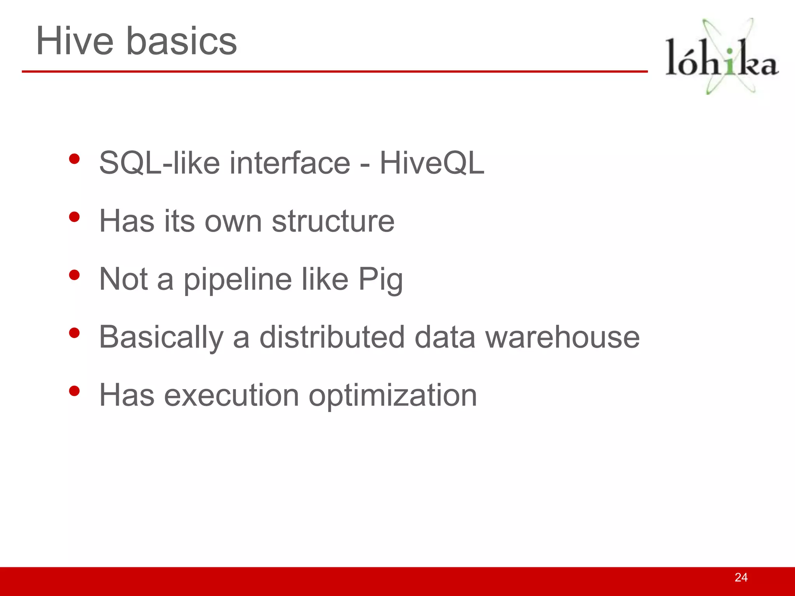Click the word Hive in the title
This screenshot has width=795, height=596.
75,41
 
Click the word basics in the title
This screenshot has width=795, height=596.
181,41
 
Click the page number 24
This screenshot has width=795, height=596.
741,577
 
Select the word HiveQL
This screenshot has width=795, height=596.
432,163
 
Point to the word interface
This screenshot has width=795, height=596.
290,163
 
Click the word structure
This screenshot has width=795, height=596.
333,221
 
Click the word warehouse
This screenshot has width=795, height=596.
562,337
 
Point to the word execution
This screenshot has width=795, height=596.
231,395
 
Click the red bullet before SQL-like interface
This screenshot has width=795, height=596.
74,159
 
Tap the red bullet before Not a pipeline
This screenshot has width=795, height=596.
74,275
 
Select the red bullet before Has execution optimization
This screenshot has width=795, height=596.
74,391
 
